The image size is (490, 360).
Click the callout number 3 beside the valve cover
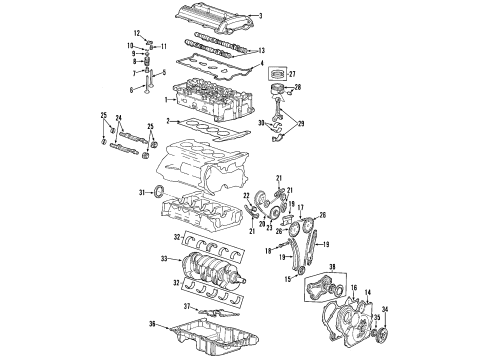(x=260, y=15)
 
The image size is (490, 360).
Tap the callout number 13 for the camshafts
(x=261, y=49)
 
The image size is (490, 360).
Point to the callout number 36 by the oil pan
(x=151, y=323)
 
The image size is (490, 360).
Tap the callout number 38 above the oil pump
(x=334, y=267)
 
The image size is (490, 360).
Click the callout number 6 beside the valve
(x=130, y=90)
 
